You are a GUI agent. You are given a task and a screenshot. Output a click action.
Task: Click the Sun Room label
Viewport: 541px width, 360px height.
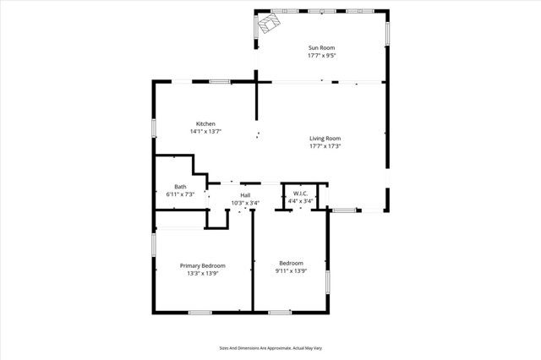point(321,49)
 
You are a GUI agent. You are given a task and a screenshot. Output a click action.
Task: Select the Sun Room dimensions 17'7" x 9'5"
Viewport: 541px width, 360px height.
point(321,57)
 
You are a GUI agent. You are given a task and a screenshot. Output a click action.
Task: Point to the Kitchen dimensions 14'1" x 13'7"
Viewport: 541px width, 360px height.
point(205,131)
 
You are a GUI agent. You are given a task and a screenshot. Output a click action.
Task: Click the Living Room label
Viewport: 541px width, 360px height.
point(325,139)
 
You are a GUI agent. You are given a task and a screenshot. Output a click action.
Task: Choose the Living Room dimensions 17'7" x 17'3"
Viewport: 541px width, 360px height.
point(325,146)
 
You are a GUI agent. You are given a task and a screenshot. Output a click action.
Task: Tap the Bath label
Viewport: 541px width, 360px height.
point(180,187)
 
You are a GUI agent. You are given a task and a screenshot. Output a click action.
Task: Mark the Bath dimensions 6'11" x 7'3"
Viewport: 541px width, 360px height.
point(180,194)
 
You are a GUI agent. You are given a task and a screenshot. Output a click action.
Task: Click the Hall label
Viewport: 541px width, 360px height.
point(245,195)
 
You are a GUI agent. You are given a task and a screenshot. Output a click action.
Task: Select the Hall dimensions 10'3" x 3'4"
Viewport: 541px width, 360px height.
point(245,203)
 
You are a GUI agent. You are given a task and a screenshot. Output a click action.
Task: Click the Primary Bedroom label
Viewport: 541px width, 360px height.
point(202,265)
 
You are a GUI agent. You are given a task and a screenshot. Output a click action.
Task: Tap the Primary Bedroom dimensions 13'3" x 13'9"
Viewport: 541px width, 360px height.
point(202,273)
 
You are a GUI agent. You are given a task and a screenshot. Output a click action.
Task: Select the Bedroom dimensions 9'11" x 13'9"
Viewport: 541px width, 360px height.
point(291,272)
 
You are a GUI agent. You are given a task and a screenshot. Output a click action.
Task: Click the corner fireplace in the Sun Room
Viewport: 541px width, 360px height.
point(270,23)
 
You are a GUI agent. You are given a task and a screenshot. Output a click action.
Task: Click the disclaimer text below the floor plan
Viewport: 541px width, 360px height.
point(270,347)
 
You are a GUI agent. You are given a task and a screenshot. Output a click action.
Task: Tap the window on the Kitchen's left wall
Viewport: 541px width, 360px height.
point(154,127)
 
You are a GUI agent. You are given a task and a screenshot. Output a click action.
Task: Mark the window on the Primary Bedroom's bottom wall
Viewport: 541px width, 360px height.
point(199,313)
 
